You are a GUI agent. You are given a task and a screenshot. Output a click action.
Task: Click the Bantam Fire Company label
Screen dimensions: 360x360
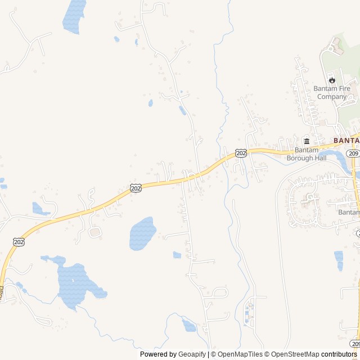tap(331, 92)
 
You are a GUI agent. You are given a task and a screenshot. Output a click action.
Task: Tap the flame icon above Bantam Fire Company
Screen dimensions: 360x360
tap(331, 80)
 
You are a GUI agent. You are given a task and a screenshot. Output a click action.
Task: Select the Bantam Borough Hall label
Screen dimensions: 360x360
tap(307, 154)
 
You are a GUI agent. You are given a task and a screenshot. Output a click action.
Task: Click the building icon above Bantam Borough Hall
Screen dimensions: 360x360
tap(307, 141)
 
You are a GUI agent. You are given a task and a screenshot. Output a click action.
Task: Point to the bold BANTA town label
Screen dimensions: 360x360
tap(346, 140)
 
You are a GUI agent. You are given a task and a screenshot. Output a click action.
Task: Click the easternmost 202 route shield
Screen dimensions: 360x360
tap(241, 153)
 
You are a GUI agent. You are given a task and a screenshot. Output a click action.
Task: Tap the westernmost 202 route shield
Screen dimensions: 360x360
tap(19, 241)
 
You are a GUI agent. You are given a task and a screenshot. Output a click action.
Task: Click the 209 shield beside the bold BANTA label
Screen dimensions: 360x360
tap(353, 153)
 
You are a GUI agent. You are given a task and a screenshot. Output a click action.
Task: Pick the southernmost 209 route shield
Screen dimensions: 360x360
tap(354, 343)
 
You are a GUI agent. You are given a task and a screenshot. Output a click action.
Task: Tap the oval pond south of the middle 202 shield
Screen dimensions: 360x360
tap(142, 233)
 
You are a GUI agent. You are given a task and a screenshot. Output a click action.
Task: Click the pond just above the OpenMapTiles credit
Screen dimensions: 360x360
tap(189, 325)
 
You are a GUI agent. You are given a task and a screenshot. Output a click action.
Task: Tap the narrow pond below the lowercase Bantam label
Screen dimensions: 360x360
tap(339, 260)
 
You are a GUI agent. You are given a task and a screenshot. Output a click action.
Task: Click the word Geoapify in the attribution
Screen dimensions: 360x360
tap(192, 354)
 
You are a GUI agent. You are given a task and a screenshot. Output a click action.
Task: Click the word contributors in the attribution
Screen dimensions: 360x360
tap(339, 354)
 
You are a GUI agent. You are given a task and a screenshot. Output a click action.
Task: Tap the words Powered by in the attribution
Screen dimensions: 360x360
tap(157, 354)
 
